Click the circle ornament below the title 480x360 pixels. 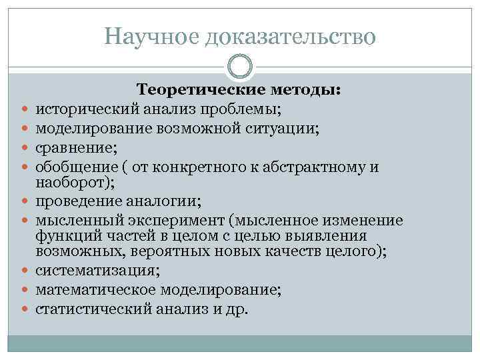(x=240, y=67)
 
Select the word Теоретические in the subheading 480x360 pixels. (x=193, y=89)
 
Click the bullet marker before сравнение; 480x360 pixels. (x=25, y=147)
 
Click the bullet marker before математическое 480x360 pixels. (x=25, y=291)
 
